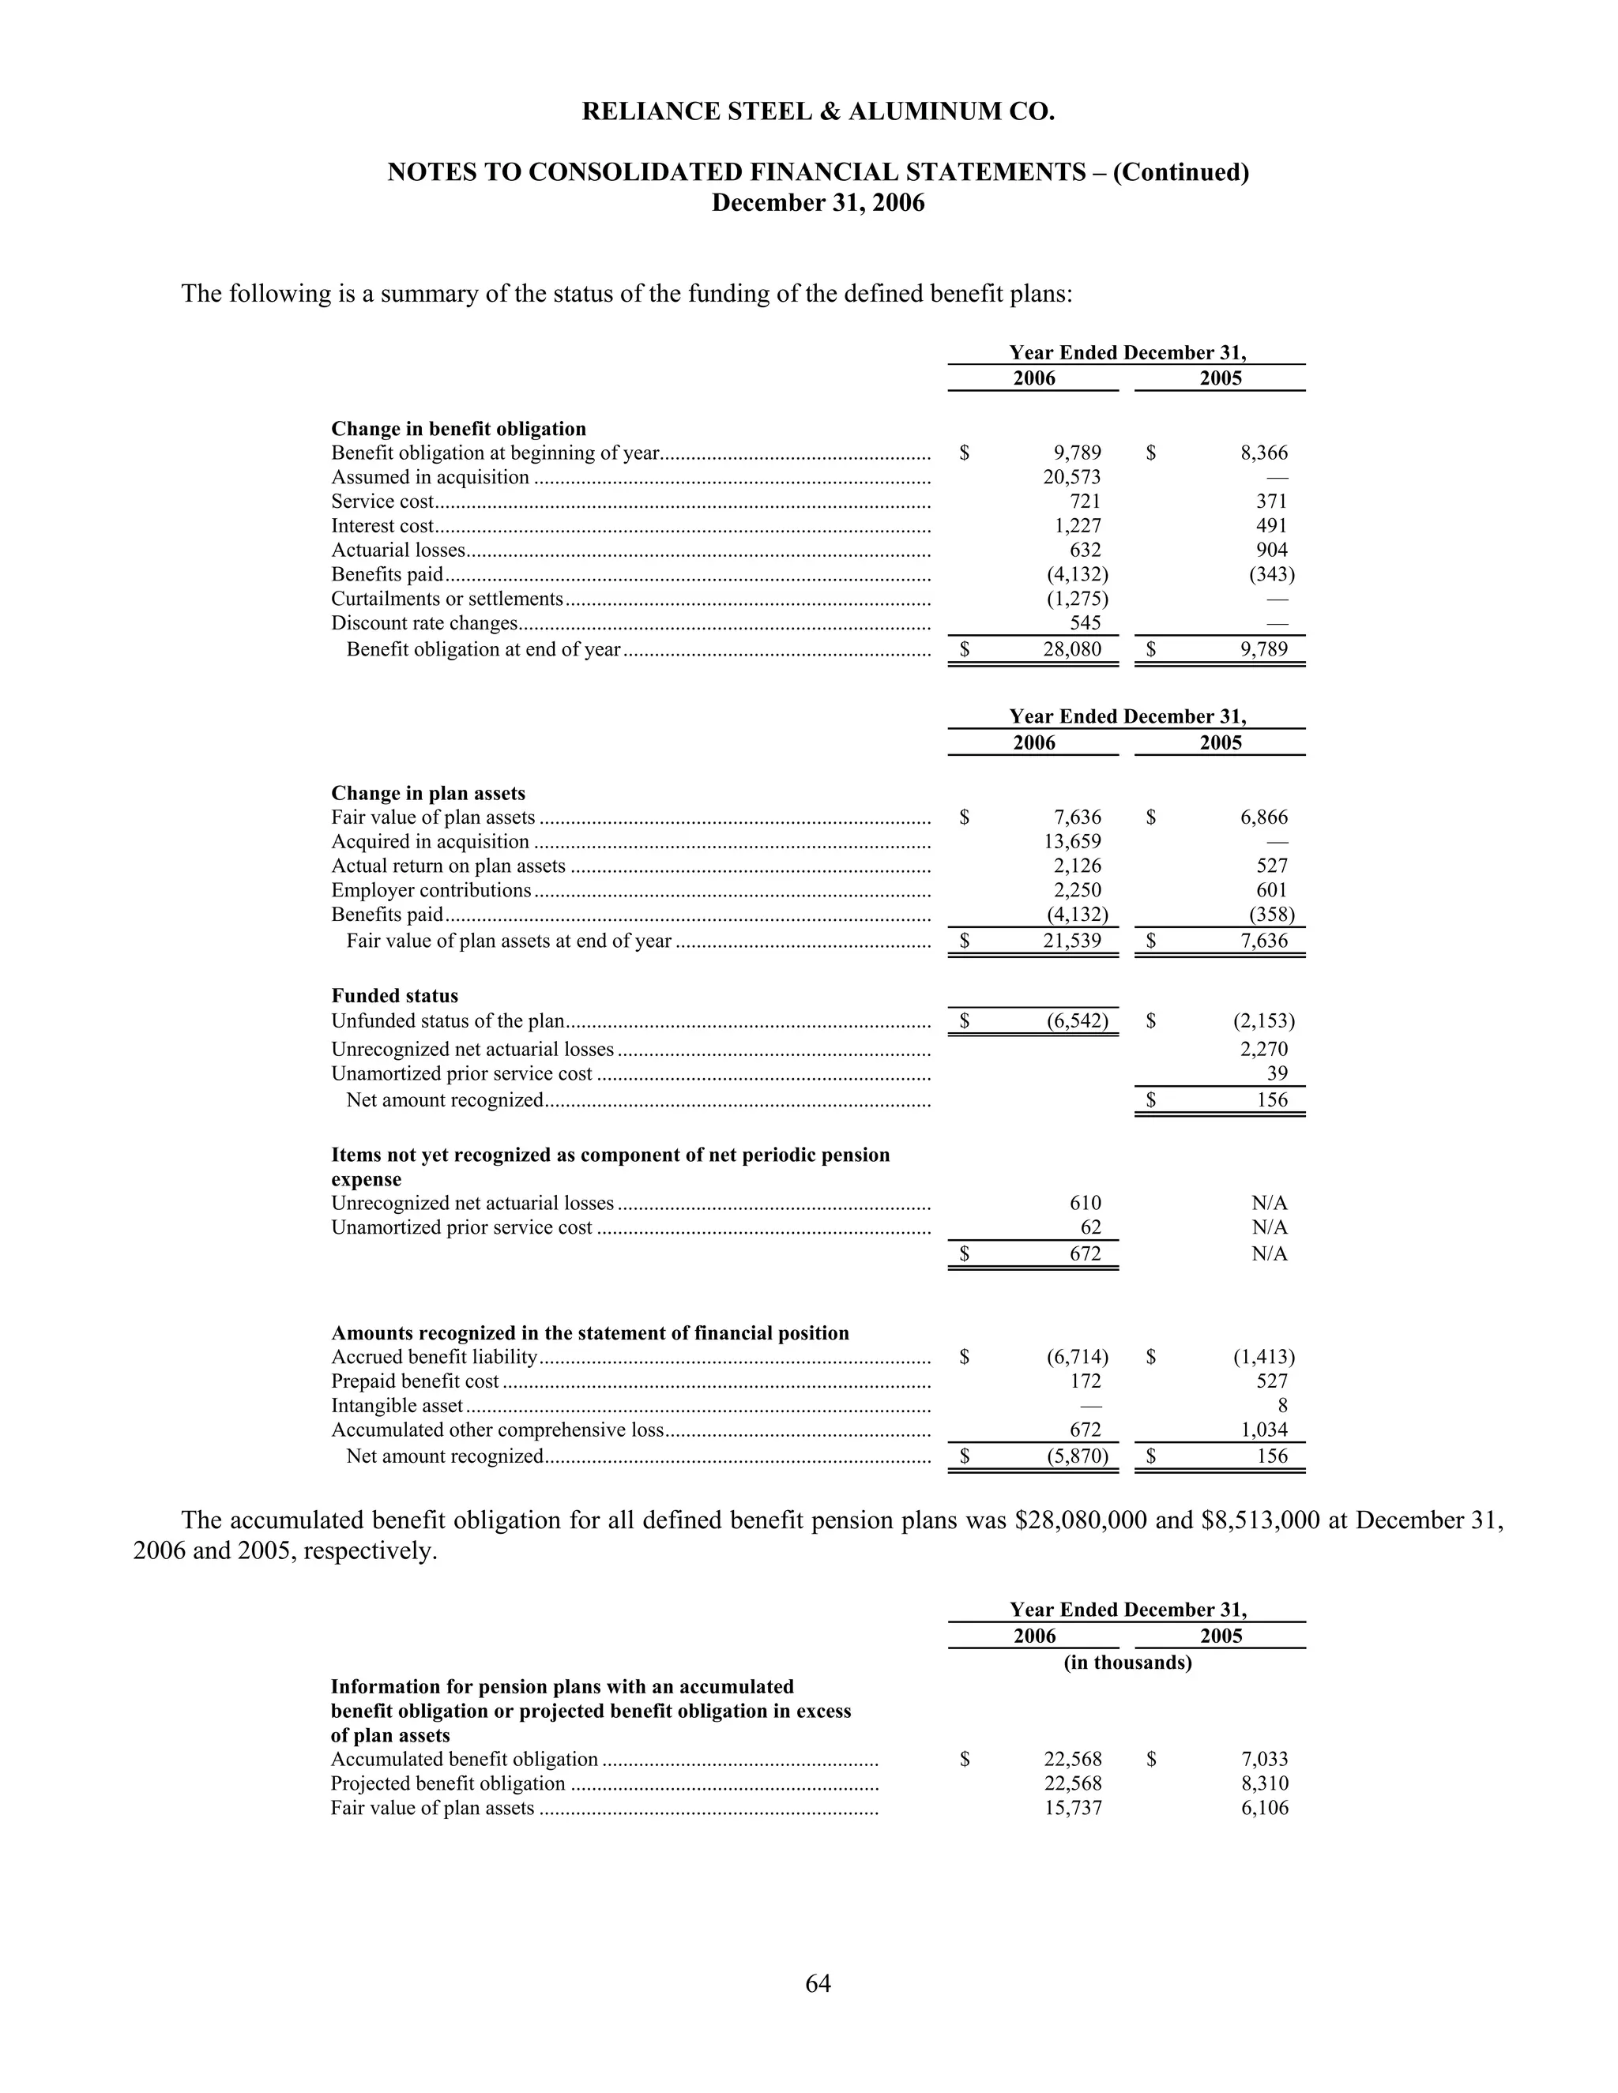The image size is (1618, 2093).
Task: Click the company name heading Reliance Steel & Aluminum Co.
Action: click(x=818, y=112)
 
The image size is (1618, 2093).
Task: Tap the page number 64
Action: click(x=818, y=1982)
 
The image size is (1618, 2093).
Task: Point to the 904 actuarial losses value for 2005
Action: click(x=1272, y=550)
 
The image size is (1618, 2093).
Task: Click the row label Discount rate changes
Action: click(x=424, y=624)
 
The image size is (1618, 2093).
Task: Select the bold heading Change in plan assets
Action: click(x=428, y=794)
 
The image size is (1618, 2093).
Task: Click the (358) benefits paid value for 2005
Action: click(x=1271, y=915)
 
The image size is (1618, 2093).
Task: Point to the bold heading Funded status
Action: click(x=395, y=996)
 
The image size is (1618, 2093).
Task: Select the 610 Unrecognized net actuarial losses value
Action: click(x=1085, y=1203)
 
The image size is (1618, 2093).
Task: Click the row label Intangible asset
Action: click(x=397, y=1406)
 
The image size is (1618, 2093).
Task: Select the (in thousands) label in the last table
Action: click(x=1127, y=1663)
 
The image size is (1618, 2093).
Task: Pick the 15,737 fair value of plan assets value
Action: click(x=1073, y=1809)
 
